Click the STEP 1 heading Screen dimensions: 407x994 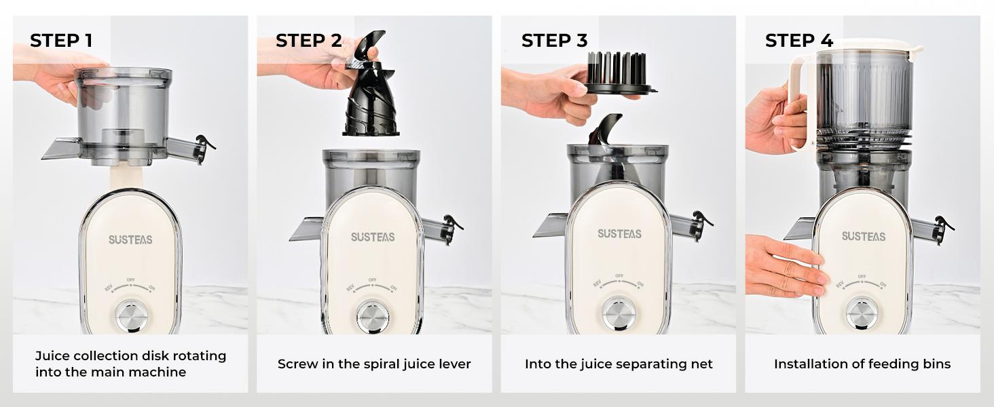pos(61,41)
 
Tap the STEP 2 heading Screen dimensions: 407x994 pos(308,41)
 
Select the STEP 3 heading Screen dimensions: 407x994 pos(554,41)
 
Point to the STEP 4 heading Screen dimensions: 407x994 pos(798,41)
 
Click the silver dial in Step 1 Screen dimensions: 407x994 pos(132,315)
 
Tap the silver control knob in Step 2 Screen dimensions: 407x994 pos(373,317)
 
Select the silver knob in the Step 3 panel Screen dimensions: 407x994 pos(619,313)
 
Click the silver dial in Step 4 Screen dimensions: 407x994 pos(861,313)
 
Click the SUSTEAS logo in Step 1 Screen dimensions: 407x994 pos(130,239)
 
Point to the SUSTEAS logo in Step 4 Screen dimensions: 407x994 pos(864,236)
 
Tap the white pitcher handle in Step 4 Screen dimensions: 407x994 pos(800,102)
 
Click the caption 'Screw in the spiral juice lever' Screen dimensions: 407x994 pos(374,364)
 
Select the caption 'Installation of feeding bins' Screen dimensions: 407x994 pos(862,364)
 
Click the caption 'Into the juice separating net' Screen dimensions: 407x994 pos(619,364)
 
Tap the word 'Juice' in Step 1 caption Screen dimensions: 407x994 pos(52,356)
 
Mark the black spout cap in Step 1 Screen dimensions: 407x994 pos(203,144)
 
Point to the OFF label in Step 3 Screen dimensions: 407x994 pos(619,276)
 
